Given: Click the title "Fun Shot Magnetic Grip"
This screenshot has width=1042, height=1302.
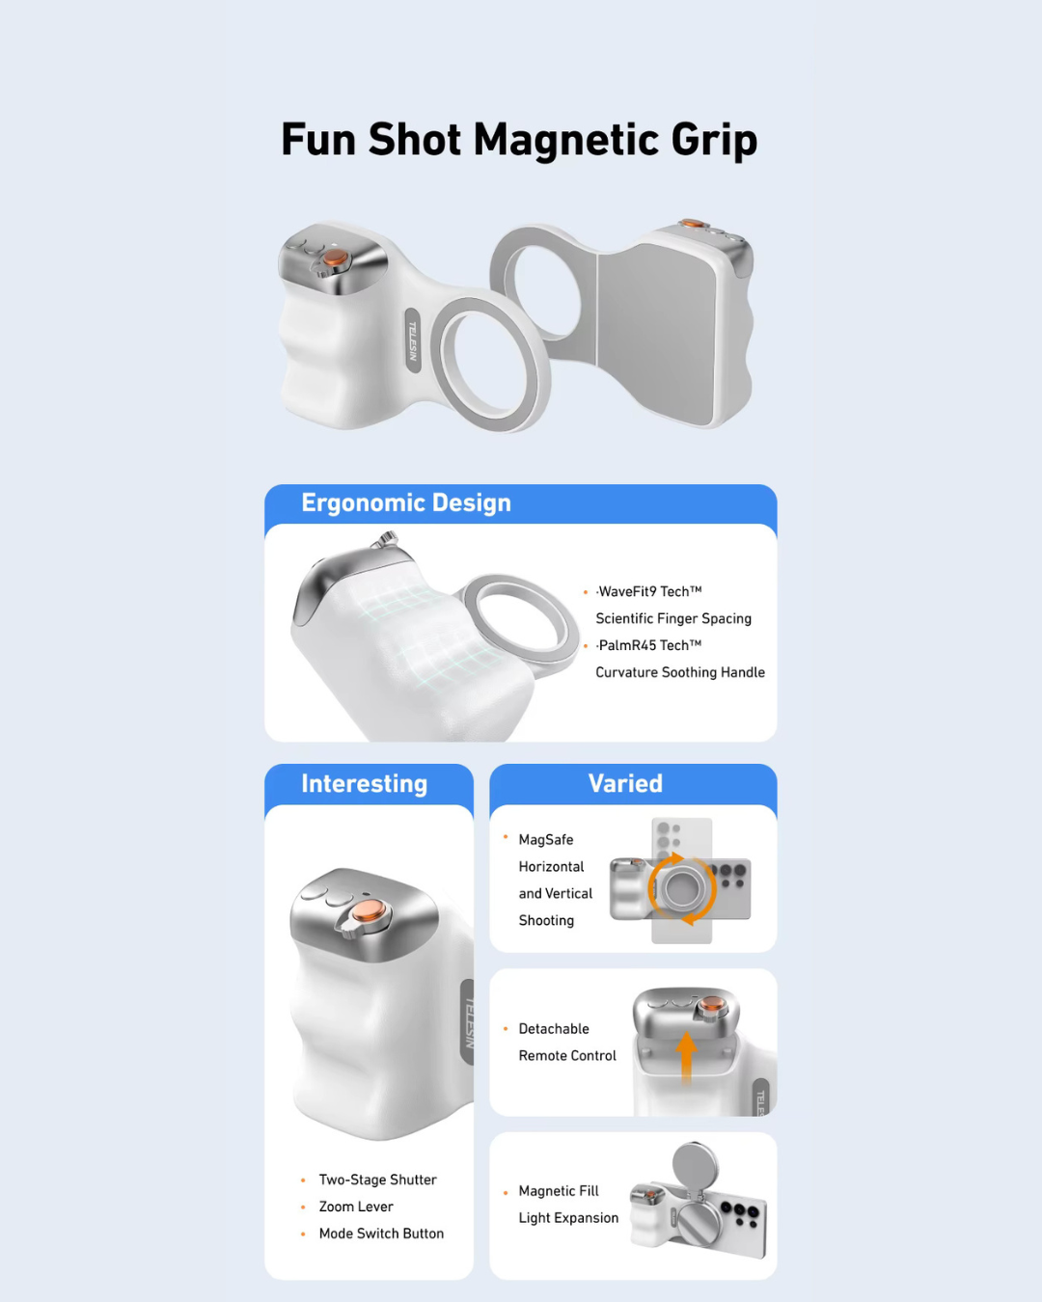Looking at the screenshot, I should [519, 140].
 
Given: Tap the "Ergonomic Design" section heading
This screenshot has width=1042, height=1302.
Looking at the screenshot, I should [406, 503].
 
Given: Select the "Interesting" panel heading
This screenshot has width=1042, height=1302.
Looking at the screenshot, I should [364, 784].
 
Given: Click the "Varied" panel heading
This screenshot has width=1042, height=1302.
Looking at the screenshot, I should [625, 784].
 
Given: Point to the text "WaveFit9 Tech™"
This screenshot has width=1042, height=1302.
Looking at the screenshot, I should [649, 592].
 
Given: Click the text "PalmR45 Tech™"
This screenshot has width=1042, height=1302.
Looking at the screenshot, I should [649, 646].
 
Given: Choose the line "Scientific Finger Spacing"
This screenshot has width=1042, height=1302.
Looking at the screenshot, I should [673, 619].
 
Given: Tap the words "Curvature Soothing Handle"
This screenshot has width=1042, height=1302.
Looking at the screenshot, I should [680, 673].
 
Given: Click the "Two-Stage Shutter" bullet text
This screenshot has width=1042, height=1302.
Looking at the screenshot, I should [377, 1180].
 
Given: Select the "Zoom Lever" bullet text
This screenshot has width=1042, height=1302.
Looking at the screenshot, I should [356, 1207].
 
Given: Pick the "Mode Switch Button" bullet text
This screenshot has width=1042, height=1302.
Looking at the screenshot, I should [381, 1234].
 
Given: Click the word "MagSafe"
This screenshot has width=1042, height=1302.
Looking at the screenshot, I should [546, 841].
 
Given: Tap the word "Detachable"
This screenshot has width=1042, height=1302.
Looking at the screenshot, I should [554, 1030].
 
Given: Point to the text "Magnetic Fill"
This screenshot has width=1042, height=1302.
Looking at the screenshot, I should [559, 1192].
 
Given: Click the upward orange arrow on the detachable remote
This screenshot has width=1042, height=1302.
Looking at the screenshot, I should [686, 1057].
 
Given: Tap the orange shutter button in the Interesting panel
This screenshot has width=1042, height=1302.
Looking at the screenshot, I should [367, 911].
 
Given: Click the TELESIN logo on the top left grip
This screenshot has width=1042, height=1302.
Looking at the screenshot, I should [412, 341].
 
